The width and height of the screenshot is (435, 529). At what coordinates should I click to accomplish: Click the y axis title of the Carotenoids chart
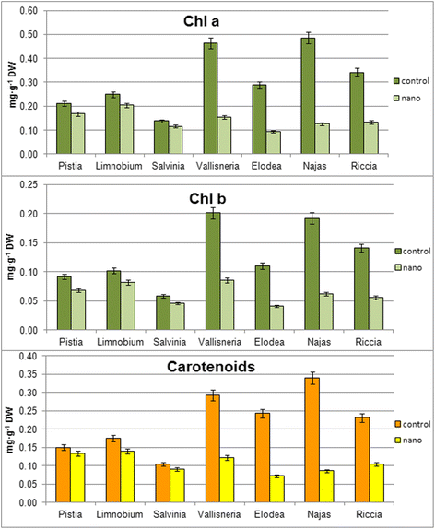(x=10, y=429)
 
